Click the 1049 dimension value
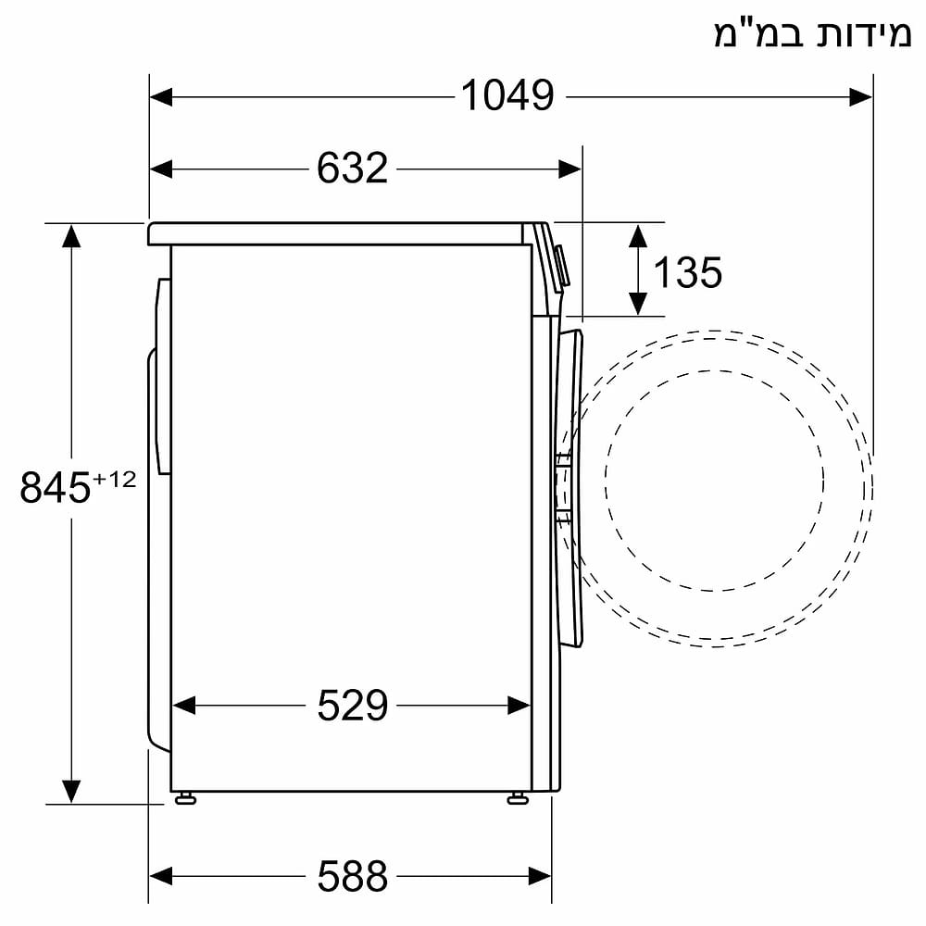tap(507, 94)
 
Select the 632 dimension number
tap(352, 169)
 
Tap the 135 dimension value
tap(687, 272)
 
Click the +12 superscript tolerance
tap(114, 479)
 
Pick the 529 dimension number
tap(352, 706)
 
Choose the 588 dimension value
tap(352, 874)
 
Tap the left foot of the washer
tap(185, 797)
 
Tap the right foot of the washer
tap(517, 797)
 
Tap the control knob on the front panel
tap(561, 265)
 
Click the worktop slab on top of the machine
tap(338, 232)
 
